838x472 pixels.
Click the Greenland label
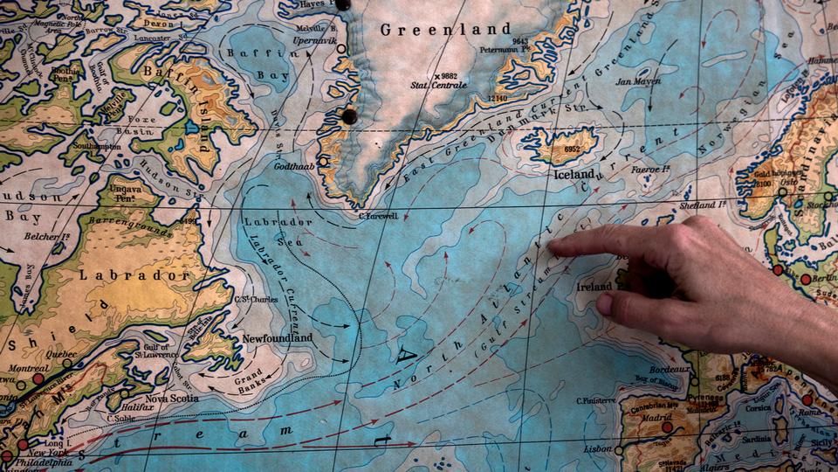point(432,29)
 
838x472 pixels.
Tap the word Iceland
point(574,174)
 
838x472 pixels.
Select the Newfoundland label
point(277,338)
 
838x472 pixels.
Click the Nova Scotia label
point(171,399)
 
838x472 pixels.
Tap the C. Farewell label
point(378,215)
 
